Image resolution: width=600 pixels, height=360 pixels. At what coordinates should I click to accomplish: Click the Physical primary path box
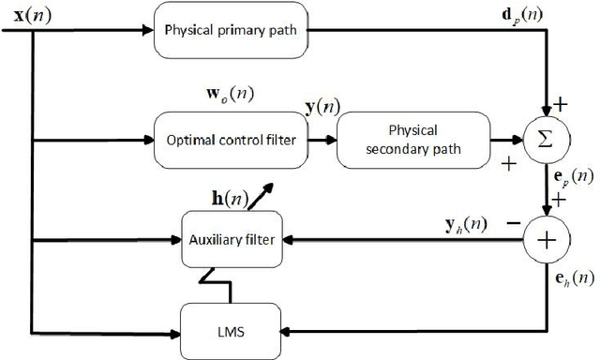coord(231,28)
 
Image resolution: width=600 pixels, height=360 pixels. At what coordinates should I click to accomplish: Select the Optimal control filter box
coord(231,139)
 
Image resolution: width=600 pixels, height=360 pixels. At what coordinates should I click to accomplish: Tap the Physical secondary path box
coord(413,139)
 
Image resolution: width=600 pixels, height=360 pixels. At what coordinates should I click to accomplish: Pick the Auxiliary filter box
coord(231,240)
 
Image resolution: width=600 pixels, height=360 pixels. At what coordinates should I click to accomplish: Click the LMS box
coord(231,330)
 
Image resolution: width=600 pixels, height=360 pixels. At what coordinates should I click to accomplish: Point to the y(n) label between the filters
coord(323,108)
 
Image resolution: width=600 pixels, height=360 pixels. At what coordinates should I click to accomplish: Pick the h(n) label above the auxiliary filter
coord(230,198)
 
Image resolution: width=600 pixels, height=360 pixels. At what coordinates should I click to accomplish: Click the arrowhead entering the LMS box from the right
coord(291,330)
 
